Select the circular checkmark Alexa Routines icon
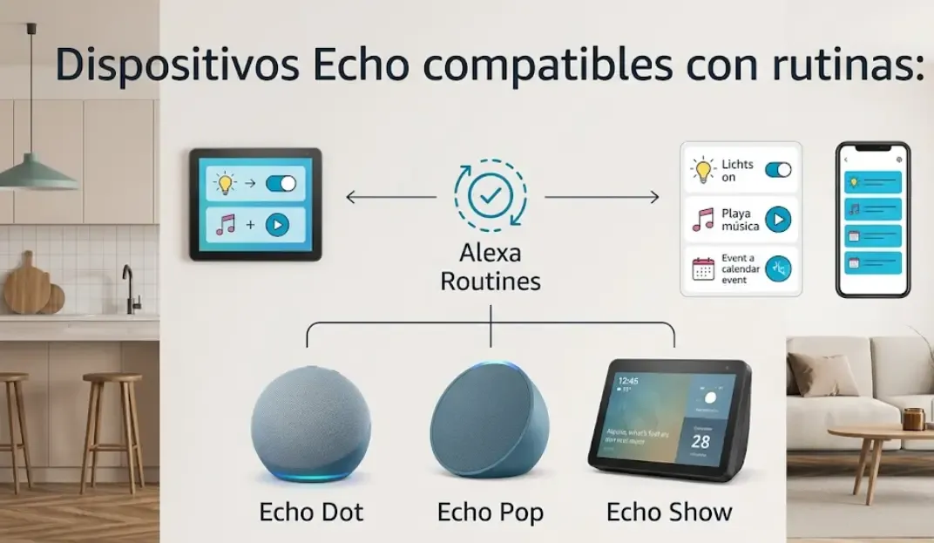click(490, 195)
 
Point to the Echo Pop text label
click(491, 512)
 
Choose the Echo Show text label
click(669, 512)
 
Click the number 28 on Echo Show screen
click(700, 441)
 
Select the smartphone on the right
click(872, 220)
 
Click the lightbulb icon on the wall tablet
click(226, 184)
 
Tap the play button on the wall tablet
click(277, 225)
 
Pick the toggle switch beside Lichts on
click(777, 170)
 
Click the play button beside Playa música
click(777, 220)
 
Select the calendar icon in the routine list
click(703, 268)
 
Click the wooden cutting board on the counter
click(27, 287)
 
